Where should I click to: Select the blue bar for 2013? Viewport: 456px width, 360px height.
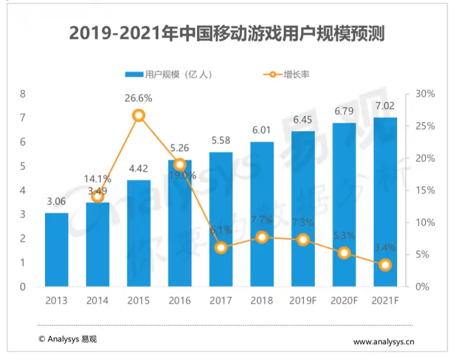(56, 250)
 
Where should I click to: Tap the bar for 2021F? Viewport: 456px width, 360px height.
(385, 202)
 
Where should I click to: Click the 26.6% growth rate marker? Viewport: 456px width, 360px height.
(139, 115)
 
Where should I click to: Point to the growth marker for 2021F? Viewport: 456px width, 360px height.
(385, 265)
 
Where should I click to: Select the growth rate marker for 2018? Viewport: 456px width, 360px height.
(262, 237)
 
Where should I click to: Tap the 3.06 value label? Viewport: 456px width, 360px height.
(56, 202)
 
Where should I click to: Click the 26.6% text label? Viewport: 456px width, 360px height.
(139, 98)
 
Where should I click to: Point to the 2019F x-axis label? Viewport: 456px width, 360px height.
(303, 299)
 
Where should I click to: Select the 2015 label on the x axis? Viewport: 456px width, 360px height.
(139, 299)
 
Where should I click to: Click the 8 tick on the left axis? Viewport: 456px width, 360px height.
(23, 94)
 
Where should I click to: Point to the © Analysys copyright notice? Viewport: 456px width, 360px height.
(68, 339)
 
